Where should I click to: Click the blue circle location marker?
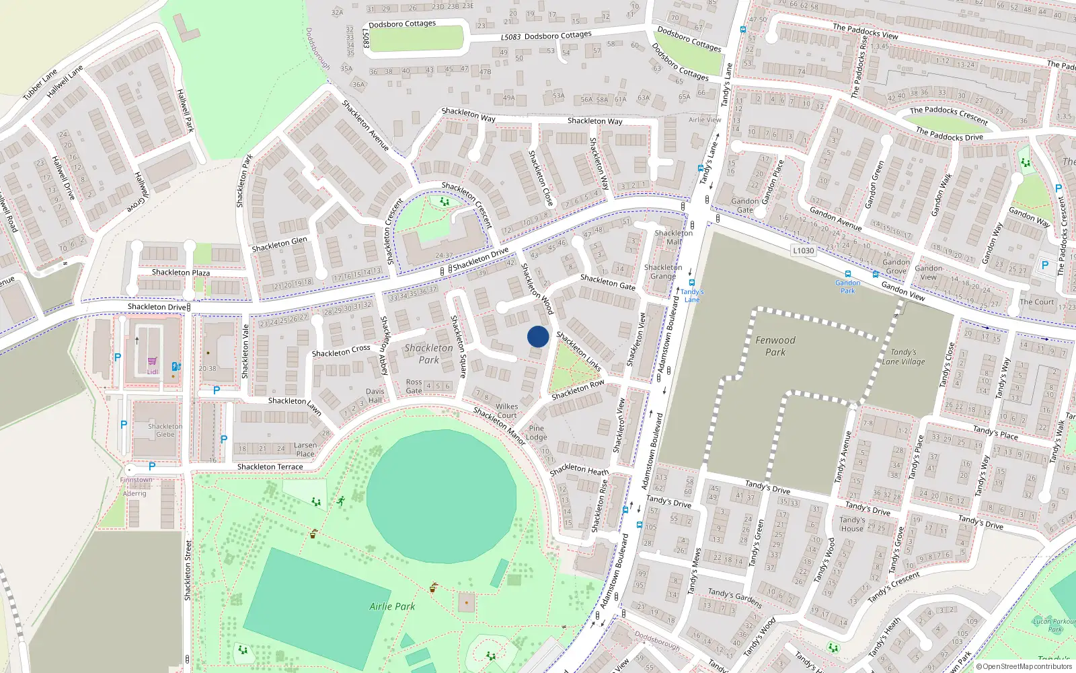(538, 336)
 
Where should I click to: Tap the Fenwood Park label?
(775, 346)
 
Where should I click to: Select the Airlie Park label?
(392, 606)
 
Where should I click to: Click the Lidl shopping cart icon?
(153, 361)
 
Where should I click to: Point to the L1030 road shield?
(803, 251)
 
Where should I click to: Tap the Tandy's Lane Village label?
(903, 357)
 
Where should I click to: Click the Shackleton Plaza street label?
(180, 273)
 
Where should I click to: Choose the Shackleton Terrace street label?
(270, 467)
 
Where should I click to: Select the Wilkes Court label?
(507, 411)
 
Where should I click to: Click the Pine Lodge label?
(537, 433)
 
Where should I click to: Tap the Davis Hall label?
(375, 396)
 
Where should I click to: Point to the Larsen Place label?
(305, 450)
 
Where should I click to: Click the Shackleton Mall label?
(673, 238)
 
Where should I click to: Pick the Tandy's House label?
(852, 524)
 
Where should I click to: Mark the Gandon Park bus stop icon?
(847, 274)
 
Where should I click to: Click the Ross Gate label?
(414, 386)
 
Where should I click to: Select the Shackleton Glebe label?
(165, 430)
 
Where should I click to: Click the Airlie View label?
(705, 120)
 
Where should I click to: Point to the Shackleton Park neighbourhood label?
(429, 354)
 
